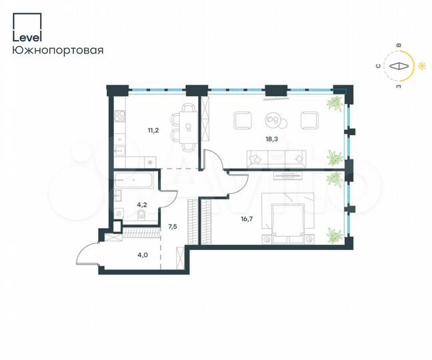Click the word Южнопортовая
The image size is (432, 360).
click(57, 49)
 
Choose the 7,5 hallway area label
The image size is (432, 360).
click(173, 227)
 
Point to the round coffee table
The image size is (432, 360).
click(273, 120)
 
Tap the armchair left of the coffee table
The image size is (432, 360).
click(241, 120)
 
